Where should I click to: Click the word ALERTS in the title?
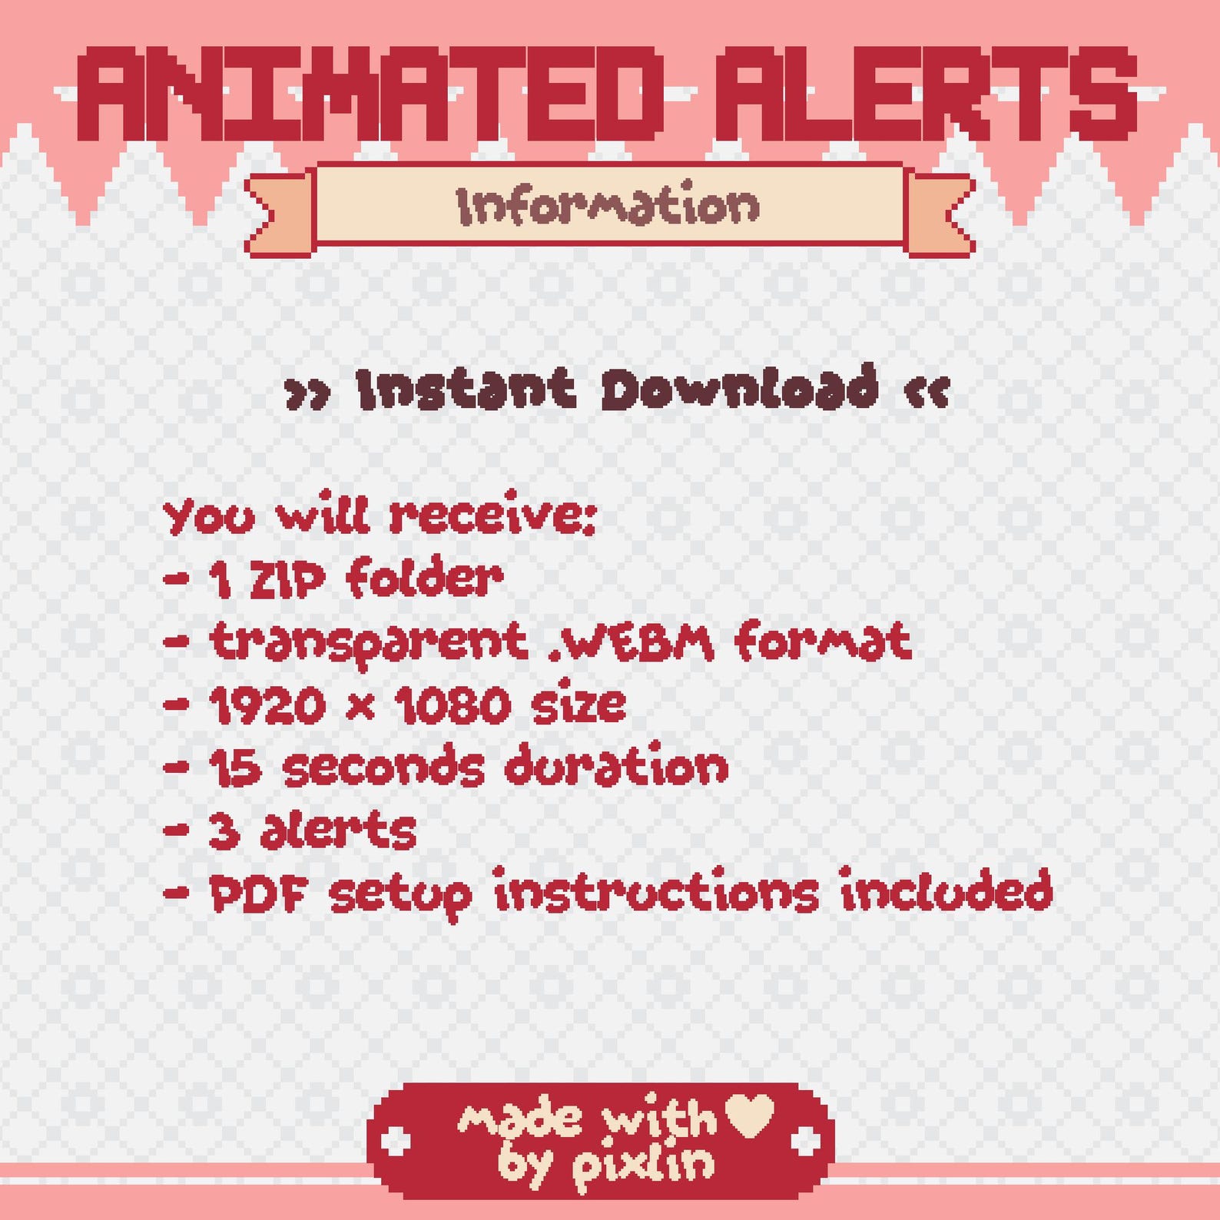(x=925, y=94)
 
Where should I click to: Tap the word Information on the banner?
(x=608, y=205)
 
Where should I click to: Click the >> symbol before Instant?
(x=307, y=393)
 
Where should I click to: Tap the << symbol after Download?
(x=927, y=392)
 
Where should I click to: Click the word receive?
(x=492, y=515)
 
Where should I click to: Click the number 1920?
(x=267, y=705)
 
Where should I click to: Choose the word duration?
(x=617, y=766)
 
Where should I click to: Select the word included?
(x=946, y=891)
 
